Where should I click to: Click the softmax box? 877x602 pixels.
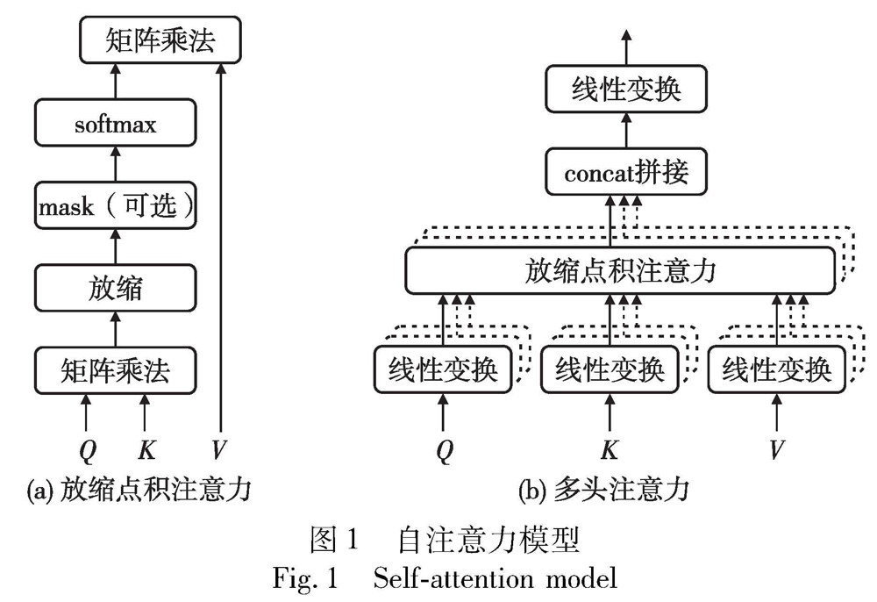115,125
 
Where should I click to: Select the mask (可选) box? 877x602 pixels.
115,208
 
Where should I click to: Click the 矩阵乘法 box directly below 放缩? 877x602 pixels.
115,370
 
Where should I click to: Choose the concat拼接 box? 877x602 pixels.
625,173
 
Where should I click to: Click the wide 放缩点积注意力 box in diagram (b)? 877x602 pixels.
620,270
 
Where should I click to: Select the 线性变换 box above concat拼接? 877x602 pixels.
625,90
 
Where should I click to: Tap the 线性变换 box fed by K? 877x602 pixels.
610,369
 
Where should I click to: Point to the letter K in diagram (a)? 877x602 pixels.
146,450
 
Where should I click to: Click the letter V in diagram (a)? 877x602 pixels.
219,450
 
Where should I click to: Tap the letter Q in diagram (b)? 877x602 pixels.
446,450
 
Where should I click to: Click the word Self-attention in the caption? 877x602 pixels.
448,579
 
